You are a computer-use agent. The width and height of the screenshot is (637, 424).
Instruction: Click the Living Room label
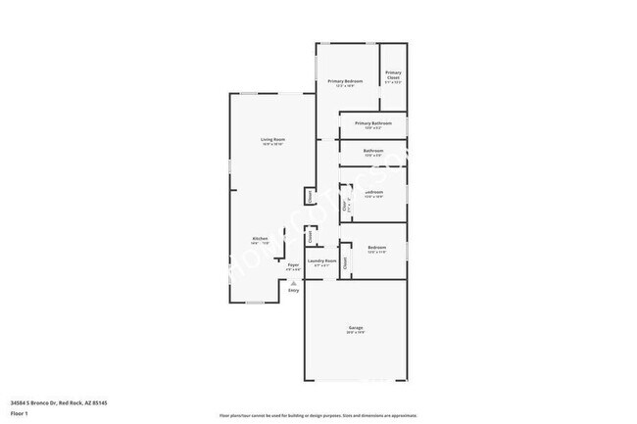coord(271,139)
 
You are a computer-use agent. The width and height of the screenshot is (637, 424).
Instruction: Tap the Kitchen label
coord(261,238)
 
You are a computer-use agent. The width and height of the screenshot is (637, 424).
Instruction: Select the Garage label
coord(355,327)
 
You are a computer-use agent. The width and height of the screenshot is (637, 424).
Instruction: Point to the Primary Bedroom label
coord(345,81)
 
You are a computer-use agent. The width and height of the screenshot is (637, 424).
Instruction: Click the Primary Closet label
coord(393,74)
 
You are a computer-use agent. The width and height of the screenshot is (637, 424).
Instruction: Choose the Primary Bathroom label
coord(372,123)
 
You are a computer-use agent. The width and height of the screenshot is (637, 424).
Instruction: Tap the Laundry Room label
coord(321,260)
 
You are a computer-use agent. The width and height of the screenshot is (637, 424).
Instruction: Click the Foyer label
coord(292,264)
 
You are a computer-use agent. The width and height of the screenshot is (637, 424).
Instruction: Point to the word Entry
coord(293,290)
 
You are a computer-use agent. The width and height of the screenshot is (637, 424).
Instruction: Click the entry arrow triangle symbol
coord(293,282)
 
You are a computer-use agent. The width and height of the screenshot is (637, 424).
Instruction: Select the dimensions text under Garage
coord(355,333)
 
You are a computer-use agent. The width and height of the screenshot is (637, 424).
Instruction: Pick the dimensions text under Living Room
coord(271,145)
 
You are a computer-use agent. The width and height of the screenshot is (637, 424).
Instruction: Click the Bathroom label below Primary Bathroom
coord(372,151)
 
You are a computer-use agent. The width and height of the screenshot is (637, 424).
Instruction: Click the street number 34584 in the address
coord(20,402)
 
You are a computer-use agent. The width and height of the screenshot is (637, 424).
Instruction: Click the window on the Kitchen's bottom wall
coord(254,303)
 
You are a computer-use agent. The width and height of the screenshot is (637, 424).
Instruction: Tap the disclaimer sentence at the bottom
coord(318,415)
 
